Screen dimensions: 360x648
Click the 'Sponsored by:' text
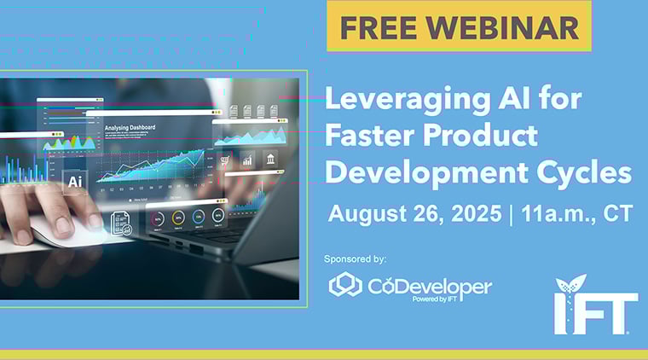click(356, 258)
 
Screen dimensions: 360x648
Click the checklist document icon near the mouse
click(120, 224)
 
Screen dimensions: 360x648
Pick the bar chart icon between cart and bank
click(247, 159)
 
